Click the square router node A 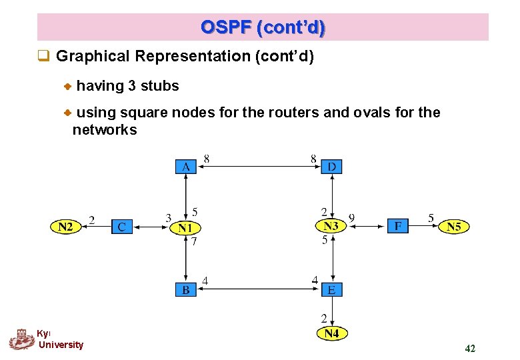[185, 166]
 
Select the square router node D [331, 166]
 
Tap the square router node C [121, 227]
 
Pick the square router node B [185, 289]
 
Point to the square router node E [331, 289]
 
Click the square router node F [398, 227]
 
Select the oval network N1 [185, 228]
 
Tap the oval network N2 [65, 227]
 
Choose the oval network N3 [331, 227]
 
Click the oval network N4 [331, 333]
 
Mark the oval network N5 [453, 227]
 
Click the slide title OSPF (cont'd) [263, 27]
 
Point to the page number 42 [470, 348]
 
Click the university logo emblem [21, 339]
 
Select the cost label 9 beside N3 [351, 217]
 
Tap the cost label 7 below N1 [194, 243]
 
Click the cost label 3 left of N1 [168, 217]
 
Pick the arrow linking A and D [259, 167]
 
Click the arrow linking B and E [259, 289]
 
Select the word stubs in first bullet [161, 86]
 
